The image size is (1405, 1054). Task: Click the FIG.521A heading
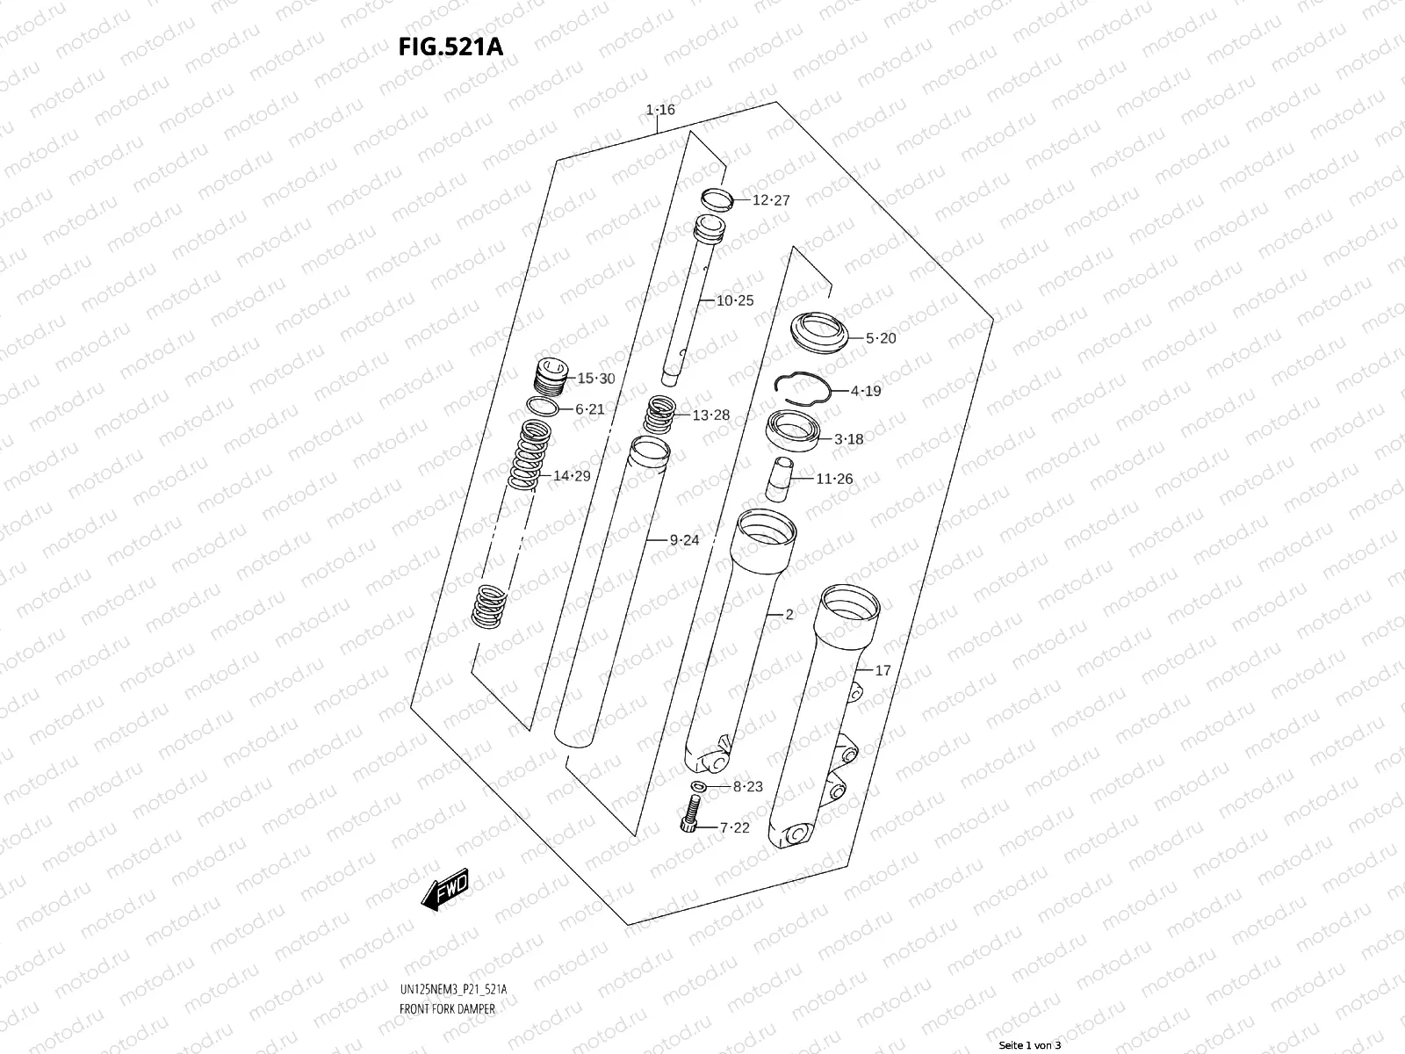click(451, 47)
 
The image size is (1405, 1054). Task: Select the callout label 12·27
click(771, 200)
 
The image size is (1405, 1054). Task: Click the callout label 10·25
click(734, 300)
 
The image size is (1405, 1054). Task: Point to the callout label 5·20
click(881, 338)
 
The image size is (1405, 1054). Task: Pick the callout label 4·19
click(865, 391)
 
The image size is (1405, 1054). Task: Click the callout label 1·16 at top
click(660, 110)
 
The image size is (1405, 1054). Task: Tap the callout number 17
click(883, 670)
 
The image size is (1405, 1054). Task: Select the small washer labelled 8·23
click(699, 785)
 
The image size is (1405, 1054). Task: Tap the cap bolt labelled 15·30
click(550, 379)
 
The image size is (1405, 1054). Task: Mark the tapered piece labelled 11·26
click(778, 479)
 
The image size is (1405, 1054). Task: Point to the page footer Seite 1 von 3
click(1029, 1045)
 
